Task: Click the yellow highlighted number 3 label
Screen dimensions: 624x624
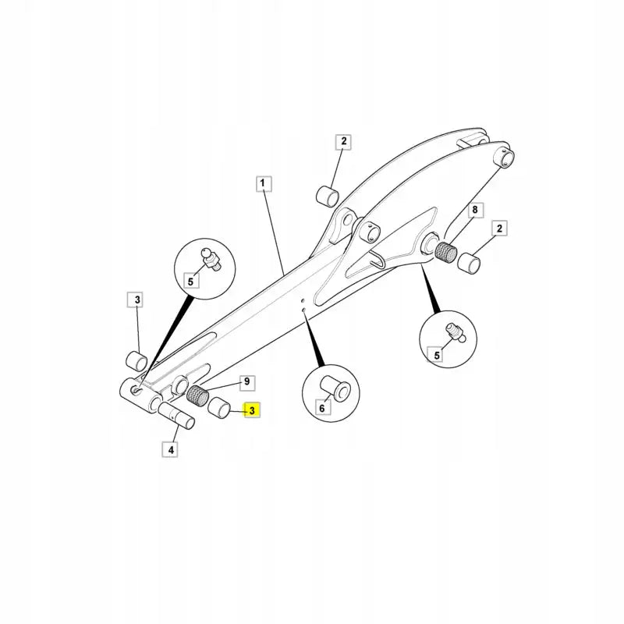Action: pyautogui.click(x=252, y=410)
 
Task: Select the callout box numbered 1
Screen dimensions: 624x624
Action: pyautogui.click(x=263, y=183)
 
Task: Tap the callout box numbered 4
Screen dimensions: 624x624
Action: pyautogui.click(x=170, y=450)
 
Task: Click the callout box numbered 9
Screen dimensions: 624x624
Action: pyautogui.click(x=247, y=382)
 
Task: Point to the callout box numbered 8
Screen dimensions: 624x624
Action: pyautogui.click(x=475, y=210)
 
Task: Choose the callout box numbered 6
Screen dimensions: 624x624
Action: pyautogui.click(x=322, y=407)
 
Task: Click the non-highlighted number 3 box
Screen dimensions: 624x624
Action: pyautogui.click(x=136, y=300)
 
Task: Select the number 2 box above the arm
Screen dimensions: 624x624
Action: pyautogui.click(x=343, y=141)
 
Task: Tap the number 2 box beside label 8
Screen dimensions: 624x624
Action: pyautogui.click(x=499, y=229)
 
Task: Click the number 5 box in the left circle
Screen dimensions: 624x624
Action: pyautogui.click(x=190, y=281)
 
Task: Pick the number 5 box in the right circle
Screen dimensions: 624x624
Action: pyautogui.click(x=437, y=355)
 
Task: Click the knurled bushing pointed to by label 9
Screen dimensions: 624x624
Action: pyautogui.click(x=198, y=395)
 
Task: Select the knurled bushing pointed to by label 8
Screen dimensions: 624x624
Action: pyautogui.click(x=445, y=251)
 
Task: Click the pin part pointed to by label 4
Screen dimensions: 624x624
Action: pyautogui.click(x=177, y=416)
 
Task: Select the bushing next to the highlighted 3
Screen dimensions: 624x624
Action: pyautogui.click(x=219, y=407)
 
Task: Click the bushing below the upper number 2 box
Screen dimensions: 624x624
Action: pyautogui.click(x=328, y=196)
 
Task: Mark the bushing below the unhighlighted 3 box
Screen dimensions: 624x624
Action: pyautogui.click(x=137, y=360)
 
